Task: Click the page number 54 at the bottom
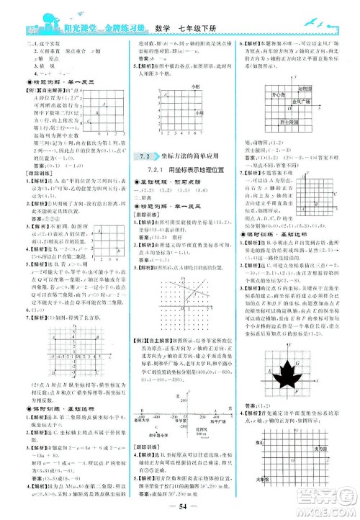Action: tap(180, 506)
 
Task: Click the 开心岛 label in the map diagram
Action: tap(275, 94)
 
